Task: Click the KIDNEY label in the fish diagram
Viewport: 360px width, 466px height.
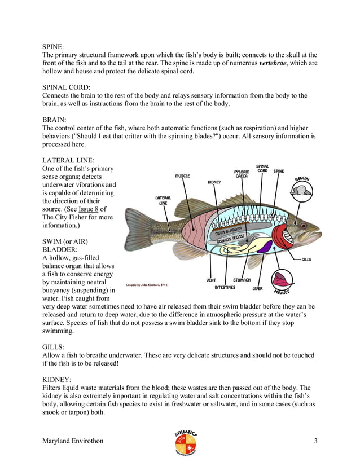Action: pos(214,182)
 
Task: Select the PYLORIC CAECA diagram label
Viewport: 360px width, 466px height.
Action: pos(242,174)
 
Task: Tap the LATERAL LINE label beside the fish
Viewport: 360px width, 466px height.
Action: pos(163,200)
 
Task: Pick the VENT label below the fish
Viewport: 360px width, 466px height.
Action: pos(211,280)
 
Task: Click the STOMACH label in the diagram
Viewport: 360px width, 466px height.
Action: pos(242,280)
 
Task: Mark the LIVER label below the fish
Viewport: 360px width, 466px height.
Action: pos(257,288)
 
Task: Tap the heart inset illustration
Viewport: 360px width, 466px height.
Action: pos(282,279)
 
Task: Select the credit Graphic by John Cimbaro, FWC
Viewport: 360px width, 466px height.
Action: pos(147,285)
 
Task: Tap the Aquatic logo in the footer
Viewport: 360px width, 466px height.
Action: pos(186,442)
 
